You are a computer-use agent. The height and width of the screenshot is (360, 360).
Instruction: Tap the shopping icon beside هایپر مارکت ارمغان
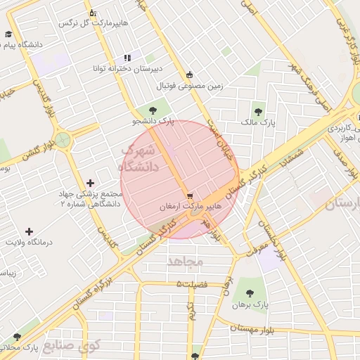188,195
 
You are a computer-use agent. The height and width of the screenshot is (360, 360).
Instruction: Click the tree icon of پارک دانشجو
153,109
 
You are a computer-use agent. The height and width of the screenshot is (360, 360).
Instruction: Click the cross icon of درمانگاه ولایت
29,231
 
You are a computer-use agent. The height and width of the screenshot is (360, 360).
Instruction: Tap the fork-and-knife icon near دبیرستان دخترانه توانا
127,58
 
